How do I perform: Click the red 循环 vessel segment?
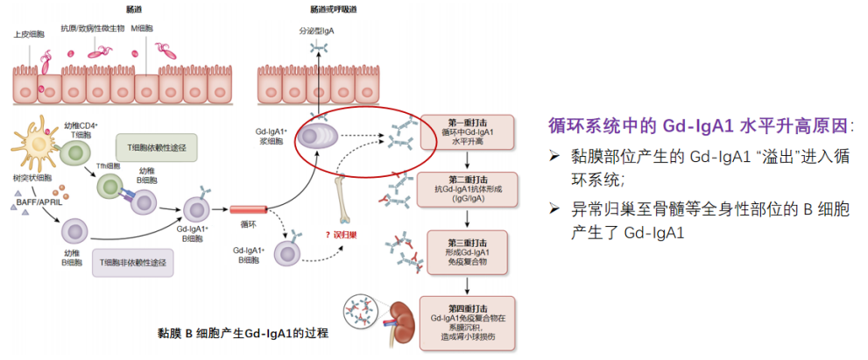tap(248, 210)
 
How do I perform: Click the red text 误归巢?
tap(335, 235)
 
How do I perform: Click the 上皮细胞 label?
tap(28, 34)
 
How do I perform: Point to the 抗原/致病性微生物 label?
tap(92, 28)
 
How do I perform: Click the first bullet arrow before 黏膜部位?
tap(554, 156)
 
